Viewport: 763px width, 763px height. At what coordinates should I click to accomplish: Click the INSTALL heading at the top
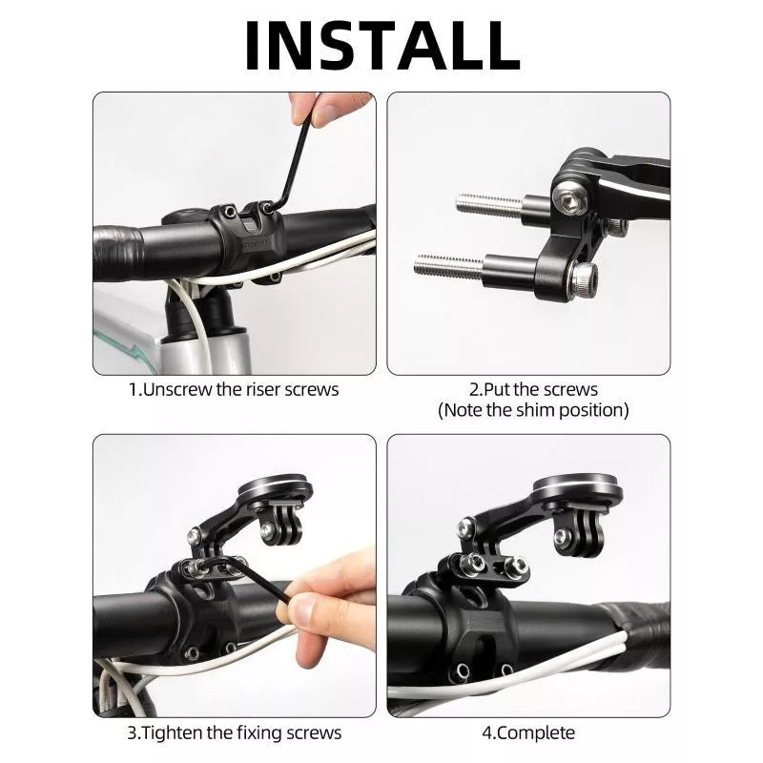click(382, 46)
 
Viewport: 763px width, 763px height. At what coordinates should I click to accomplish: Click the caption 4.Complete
click(528, 732)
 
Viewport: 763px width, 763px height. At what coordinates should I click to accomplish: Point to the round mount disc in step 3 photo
click(276, 487)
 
